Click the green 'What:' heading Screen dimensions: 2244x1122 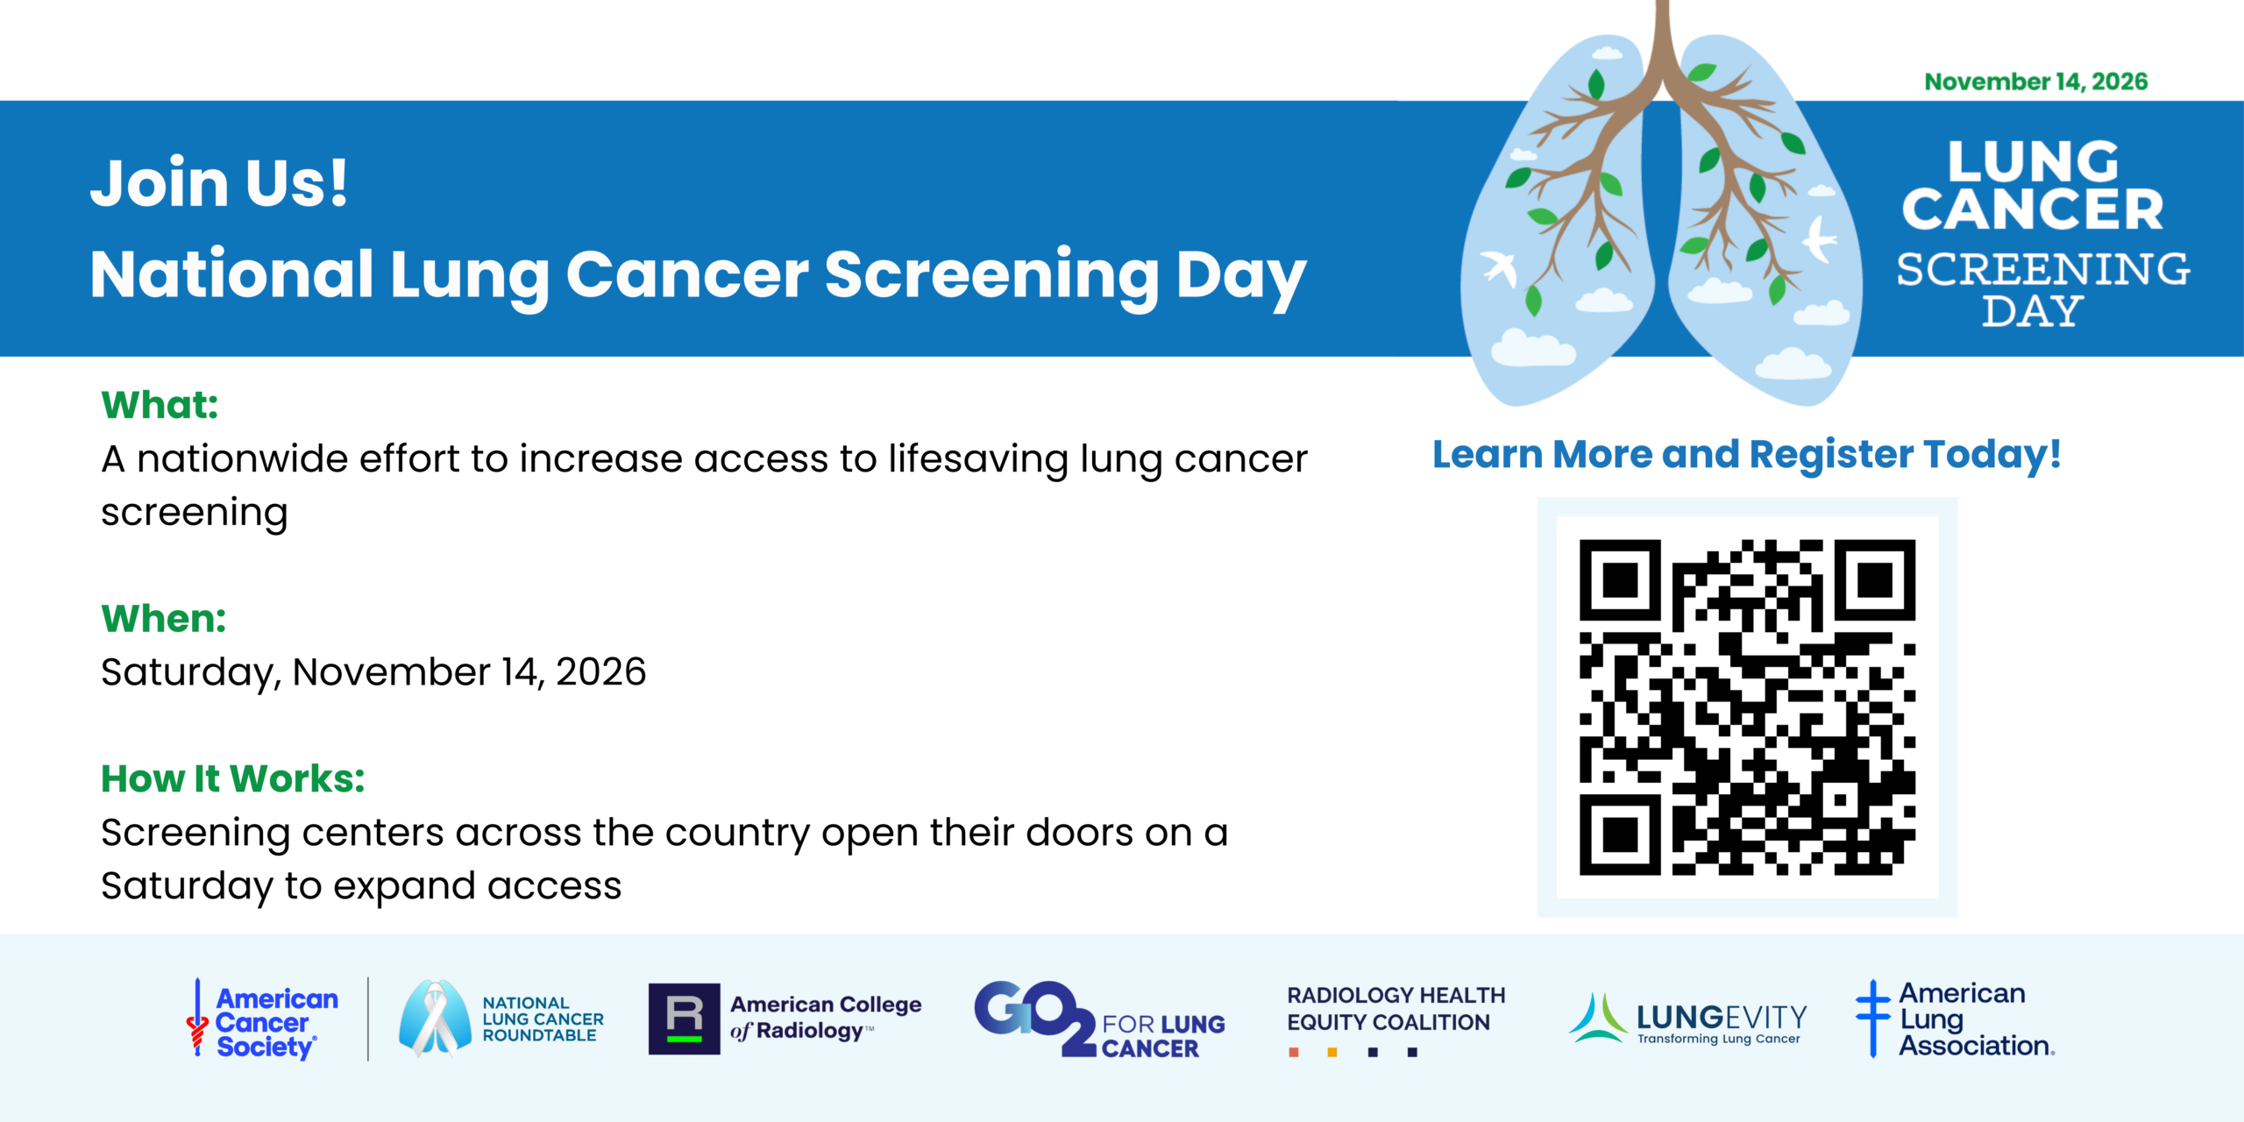pos(160,404)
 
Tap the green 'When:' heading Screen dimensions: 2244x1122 pos(164,618)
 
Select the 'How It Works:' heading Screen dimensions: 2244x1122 pos(233,778)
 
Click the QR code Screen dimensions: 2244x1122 pos(1747,707)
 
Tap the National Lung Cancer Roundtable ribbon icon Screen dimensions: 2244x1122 pos(435,1018)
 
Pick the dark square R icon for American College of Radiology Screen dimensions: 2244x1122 pos(684,1019)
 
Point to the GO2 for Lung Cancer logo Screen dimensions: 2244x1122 pos(1099,1019)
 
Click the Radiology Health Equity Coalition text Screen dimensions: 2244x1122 pos(1395,1009)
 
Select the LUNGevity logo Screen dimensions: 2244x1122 pos(1687,1019)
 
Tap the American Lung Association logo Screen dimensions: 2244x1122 pos(1955,1019)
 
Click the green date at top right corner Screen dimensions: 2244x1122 pos(2035,82)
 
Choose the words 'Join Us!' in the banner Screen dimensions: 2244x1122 pos(219,183)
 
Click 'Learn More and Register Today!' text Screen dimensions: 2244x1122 pos(1746,454)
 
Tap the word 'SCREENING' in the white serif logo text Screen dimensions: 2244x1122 pos(2042,269)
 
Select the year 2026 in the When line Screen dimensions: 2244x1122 pos(600,672)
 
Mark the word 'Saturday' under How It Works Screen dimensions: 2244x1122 pos(187,886)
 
